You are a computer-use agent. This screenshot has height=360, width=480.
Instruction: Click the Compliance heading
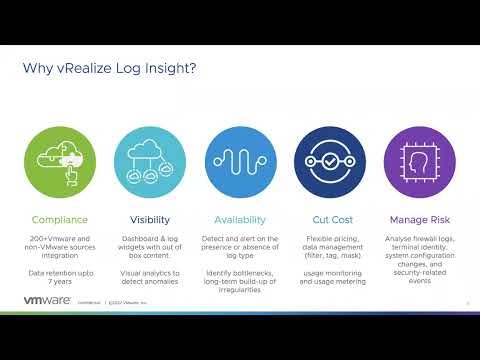[60, 219]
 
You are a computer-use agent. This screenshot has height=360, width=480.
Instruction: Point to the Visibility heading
[150, 219]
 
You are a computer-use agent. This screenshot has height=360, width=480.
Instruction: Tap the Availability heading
[240, 219]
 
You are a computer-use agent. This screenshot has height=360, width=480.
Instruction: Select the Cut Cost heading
[330, 219]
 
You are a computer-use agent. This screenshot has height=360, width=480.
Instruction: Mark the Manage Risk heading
[420, 219]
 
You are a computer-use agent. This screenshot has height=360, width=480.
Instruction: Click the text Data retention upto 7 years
[60, 277]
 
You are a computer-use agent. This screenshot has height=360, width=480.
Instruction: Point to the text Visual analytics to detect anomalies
[150, 277]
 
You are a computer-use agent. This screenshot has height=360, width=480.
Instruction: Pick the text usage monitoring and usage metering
[330, 277]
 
